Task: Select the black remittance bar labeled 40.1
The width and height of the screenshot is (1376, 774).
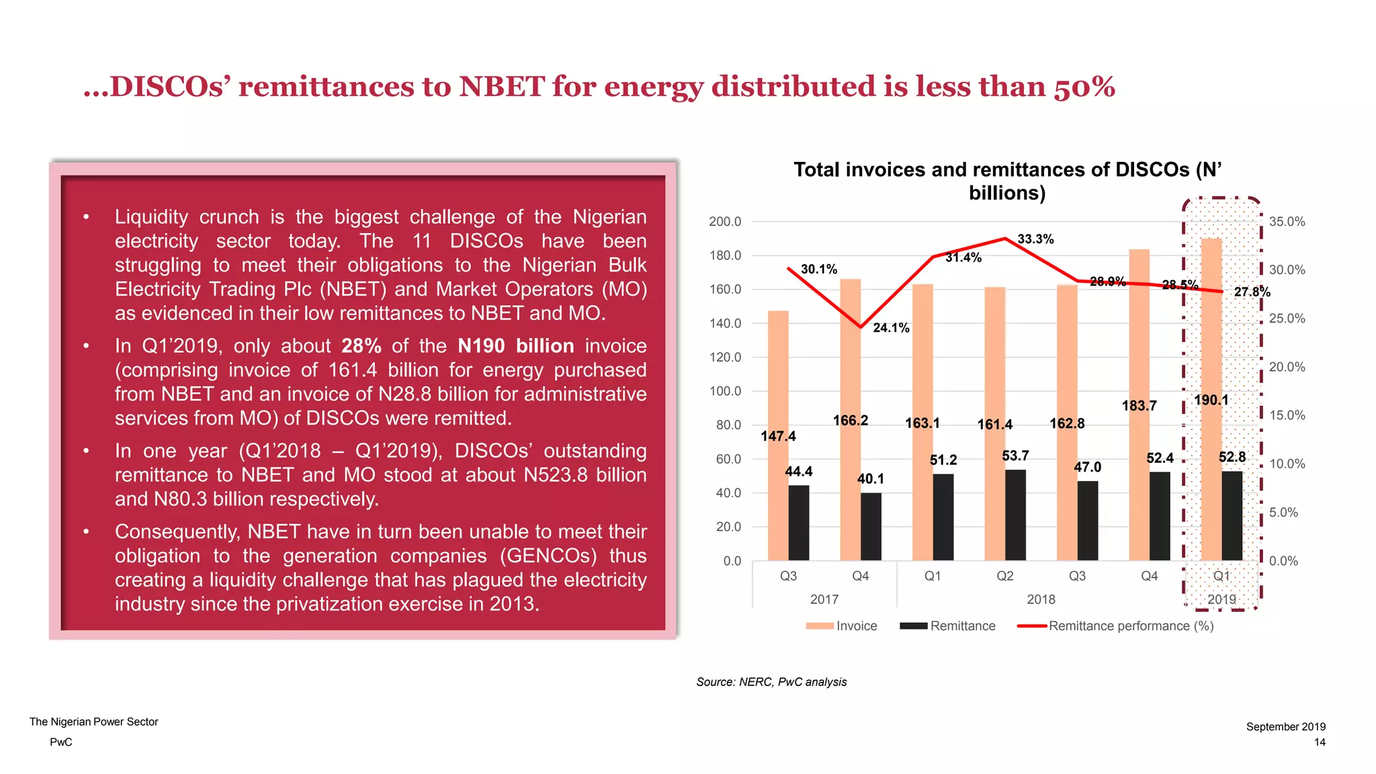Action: pyautogui.click(x=871, y=527)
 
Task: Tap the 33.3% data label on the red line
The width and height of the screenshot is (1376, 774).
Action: pyautogui.click(x=1035, y=239)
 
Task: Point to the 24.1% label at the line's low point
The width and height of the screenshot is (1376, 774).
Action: pyautogui.click(x=891, y=328)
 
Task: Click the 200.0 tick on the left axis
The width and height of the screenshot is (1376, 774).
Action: pyautogui.click(x=725, y=222)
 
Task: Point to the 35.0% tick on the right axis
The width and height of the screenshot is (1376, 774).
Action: pyautogui.click(x=1287, y=222)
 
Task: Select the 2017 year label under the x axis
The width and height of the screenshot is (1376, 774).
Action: pyautogui.click(x=824, y=599)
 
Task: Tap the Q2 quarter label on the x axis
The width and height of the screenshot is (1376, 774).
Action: pyautogui.click(x=1004, y=576)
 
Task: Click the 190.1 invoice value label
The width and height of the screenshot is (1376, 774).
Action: pyautogui.click(x=1211, y=400)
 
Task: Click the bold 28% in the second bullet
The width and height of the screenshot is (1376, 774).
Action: pyautogui.click(x=361, y=346)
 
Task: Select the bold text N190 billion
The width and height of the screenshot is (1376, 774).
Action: pyautogui.click(x=515, y=346)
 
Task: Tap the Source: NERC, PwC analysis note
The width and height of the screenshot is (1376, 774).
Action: pyautogui.click(x=771, y=682)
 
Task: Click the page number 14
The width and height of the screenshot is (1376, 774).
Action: pyautogui.click(x=1320, y=742)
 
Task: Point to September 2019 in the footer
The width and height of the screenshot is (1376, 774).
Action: pyautogui.click(x=1285, y=727)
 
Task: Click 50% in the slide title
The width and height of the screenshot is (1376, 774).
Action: pyautogui.click(x=1084, y=87)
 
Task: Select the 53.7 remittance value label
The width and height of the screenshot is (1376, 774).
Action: pyautogui.click(x=1015, y=456)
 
